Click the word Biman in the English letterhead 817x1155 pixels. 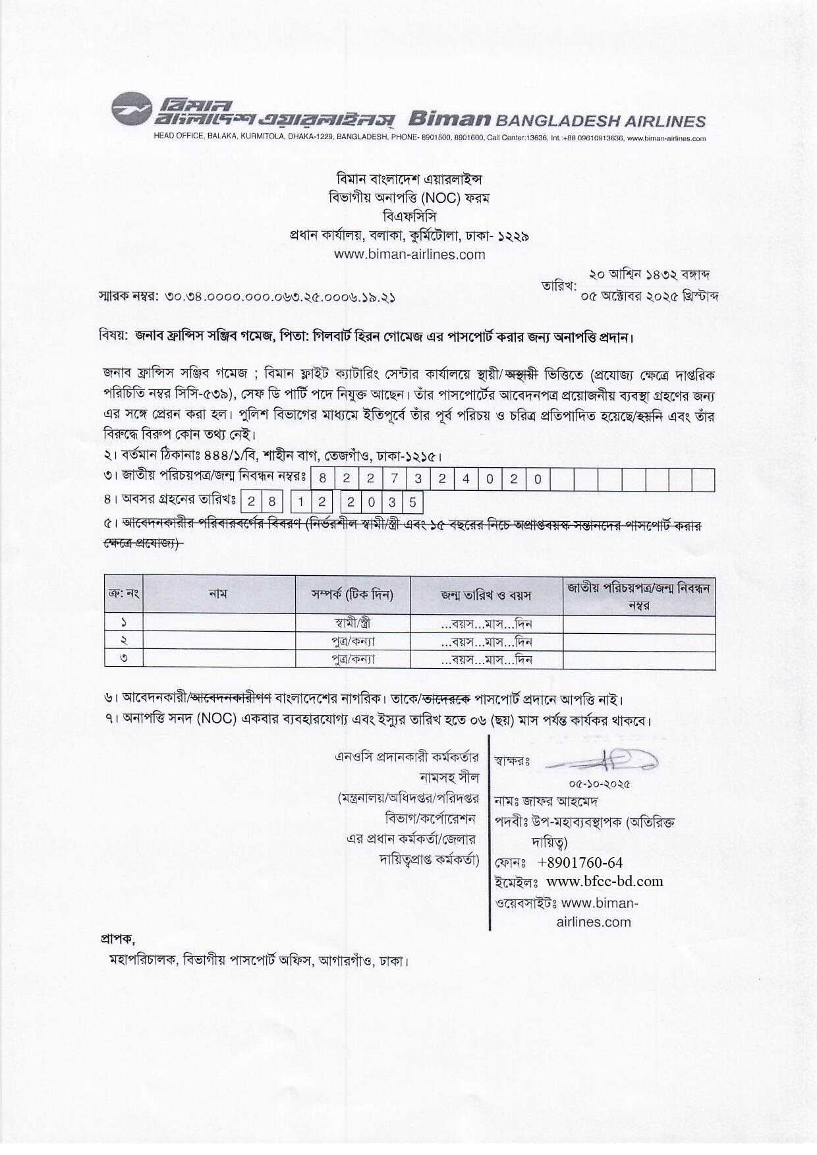point(449,119)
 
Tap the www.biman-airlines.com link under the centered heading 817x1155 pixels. point(409,254)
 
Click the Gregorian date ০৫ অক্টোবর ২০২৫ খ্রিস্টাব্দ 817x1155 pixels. point(650,296)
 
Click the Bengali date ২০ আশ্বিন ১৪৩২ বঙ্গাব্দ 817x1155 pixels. point(649,274)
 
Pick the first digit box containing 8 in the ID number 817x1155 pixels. point(323,480)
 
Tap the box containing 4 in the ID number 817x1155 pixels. point(466,480)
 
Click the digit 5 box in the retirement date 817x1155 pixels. point(412,503)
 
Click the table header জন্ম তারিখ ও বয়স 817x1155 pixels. point(486,595)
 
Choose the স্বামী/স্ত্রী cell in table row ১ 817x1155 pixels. point(352,624)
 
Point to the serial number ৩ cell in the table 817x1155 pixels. point(124,659)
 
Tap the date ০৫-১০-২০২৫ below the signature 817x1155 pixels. point(600,784)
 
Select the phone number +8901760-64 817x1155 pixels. point(580,863)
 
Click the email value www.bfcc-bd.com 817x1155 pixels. point(605,882)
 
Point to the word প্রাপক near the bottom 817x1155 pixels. point(117,938)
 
